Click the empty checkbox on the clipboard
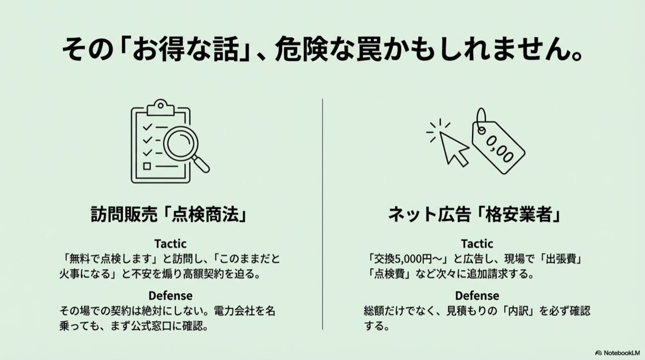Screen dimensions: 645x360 tap(147, 166)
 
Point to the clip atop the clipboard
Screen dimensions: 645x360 tap(161, 107)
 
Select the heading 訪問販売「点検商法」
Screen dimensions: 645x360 tap(169, 214)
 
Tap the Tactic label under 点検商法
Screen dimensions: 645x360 tap(170, 244)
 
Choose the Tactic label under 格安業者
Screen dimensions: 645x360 tap(477, 244)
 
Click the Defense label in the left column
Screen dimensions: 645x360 tap(170, 295)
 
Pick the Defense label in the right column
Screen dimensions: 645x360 tap(477, 295)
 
